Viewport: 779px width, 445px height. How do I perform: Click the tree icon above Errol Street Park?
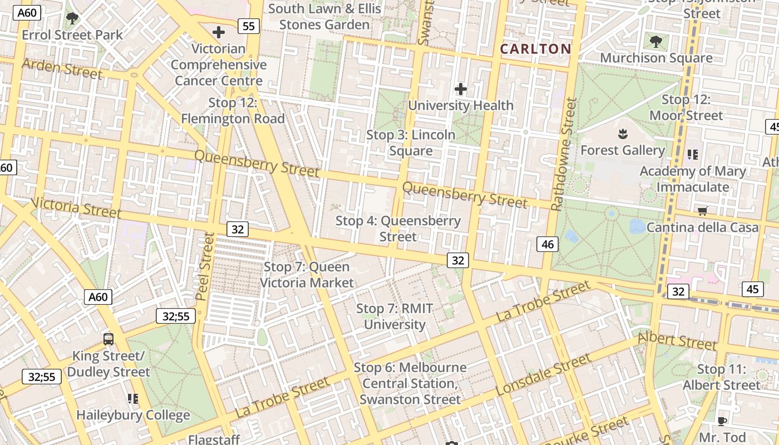point(72,19)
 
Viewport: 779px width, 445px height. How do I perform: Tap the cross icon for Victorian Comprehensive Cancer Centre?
point(219,32)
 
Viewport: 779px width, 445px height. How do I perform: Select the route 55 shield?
point(248,26)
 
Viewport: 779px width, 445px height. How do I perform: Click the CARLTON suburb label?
point(535,49)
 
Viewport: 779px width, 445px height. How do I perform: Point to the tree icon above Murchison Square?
point(656,42)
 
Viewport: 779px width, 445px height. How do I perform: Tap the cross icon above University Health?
point(461,89)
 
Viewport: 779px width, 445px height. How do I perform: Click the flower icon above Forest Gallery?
point(622,134)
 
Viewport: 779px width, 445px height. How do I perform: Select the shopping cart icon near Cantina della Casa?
point(702,211)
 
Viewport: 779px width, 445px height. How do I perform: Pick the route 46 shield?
point(548,244)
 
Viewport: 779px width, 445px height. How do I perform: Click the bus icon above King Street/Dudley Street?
point(109,339)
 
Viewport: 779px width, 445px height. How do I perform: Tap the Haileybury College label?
point(133,415)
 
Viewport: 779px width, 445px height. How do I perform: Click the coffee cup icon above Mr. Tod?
point(722,421)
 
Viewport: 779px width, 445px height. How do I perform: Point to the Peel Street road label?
point(205,266)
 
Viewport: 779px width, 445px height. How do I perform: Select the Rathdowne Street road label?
point(563,155)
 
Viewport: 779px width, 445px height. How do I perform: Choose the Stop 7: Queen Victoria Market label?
point(307,275)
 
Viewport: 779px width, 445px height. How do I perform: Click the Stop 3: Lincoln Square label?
point(411,143)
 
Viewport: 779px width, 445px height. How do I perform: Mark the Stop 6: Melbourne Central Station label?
point(410,383)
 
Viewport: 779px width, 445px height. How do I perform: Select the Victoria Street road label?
point(76,207)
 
